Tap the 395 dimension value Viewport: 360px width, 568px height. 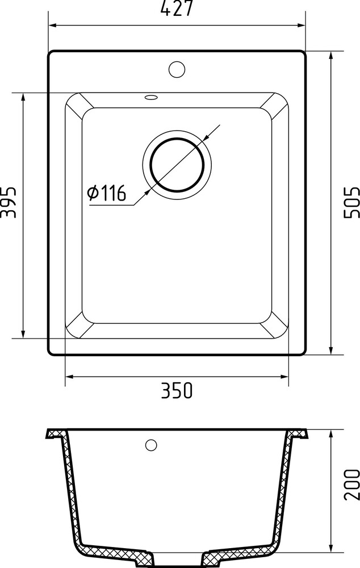coord(8,201)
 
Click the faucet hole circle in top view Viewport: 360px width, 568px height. coord(177,69)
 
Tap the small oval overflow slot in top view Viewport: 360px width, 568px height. coord(151,97)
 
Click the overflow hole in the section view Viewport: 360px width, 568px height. coord(151,445)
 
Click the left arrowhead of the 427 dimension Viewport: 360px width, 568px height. coord(52,25)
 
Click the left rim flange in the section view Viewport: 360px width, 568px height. coord(55,435)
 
